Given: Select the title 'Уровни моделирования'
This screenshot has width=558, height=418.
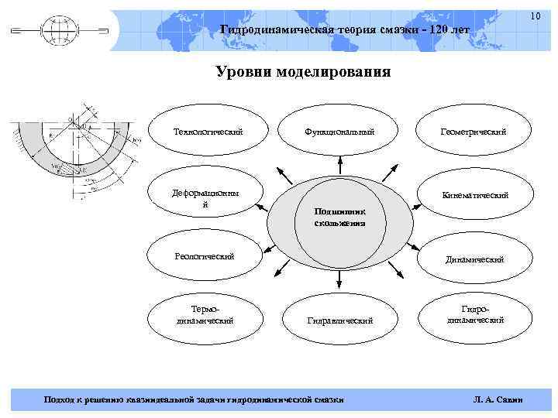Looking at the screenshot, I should [303, 73].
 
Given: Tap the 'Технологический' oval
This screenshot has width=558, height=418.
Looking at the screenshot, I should [208, 132].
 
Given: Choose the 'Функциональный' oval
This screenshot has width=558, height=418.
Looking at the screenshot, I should [339, 132].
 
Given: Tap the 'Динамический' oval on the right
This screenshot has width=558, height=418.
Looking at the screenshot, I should [474, 259].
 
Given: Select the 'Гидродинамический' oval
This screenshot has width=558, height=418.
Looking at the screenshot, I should [474, 314].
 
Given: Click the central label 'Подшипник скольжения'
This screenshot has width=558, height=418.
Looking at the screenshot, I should [339, 217].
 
